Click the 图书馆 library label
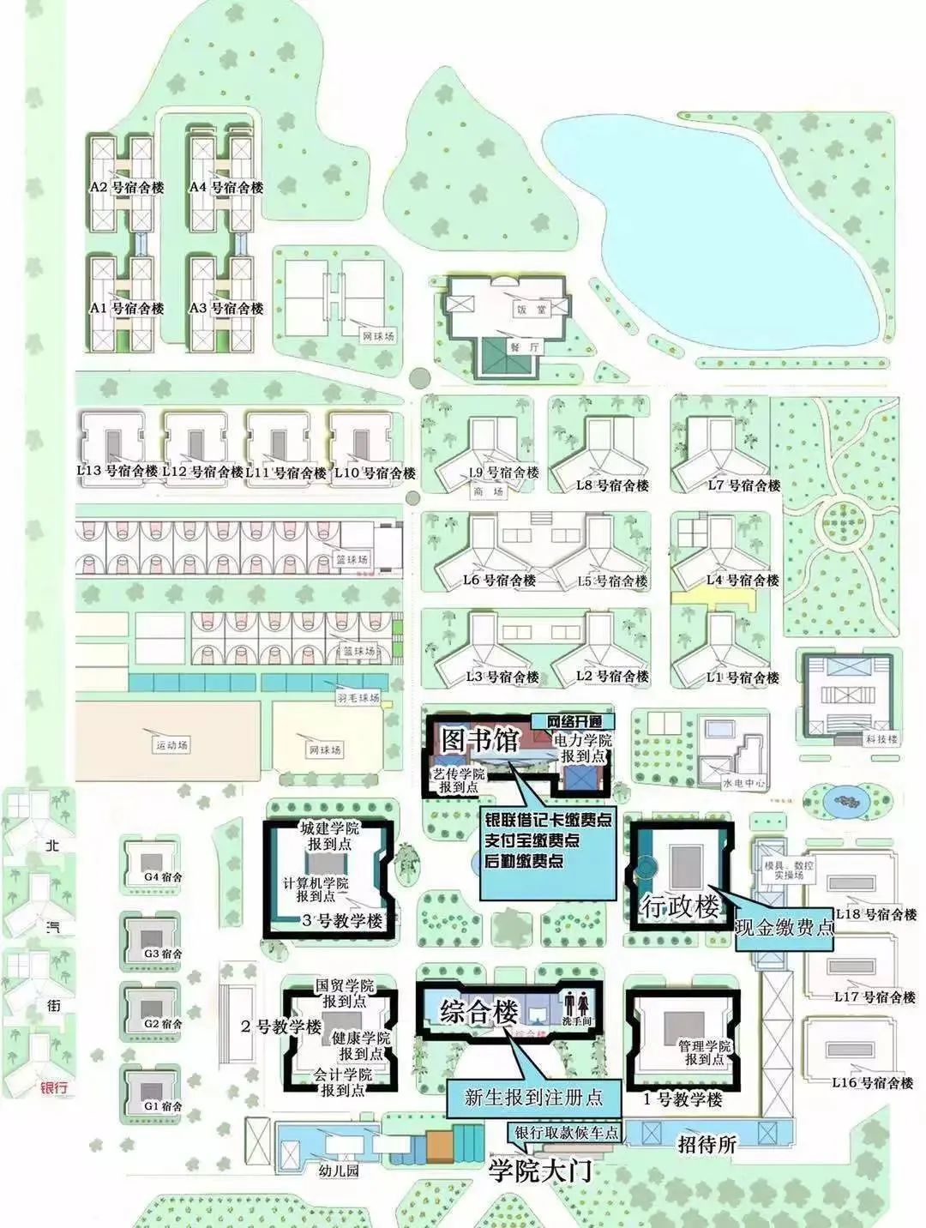tap(480, 739)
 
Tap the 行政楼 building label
tap(681, 906)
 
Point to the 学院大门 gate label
tap(540, 1171)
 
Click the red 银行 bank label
tap(54, 1088)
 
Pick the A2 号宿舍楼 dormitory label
tap(127, 187)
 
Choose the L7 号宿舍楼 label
tap(744, 485)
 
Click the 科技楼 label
tap(881, 738)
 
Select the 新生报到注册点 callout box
tap(533, 1097)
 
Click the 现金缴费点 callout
tap(785, 927)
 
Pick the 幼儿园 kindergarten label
tap(338, 1171)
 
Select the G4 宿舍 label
tap(163, 876)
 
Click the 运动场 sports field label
tap(171, 745)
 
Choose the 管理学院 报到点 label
tap(704, 1052)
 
